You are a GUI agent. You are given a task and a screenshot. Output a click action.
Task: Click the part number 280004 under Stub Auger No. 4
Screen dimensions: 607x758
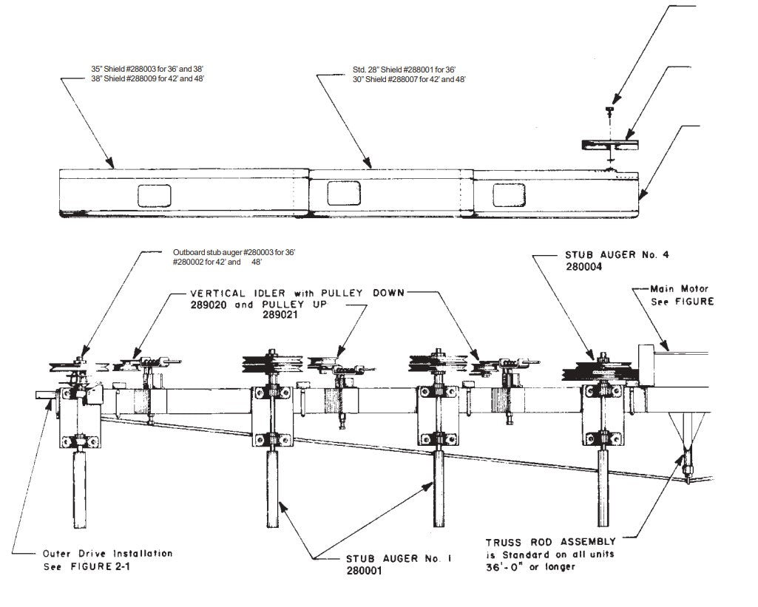point(578,269)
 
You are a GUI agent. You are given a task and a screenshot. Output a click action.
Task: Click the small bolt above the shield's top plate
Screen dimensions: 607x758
point(609,111)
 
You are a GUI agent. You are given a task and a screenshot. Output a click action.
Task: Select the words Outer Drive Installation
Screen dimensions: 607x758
point(107,554)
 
